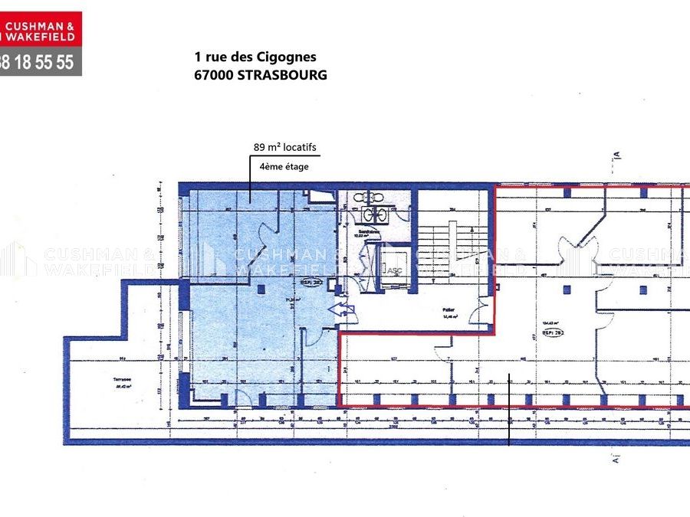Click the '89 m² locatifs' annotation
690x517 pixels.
(x=284, y=146)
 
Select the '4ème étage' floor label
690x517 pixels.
(x=284, y=166)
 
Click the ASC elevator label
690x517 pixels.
(x=394, y=269)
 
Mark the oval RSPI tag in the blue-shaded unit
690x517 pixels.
(x=314, y=280)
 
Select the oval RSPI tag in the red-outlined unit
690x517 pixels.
(x=553, y=332)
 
